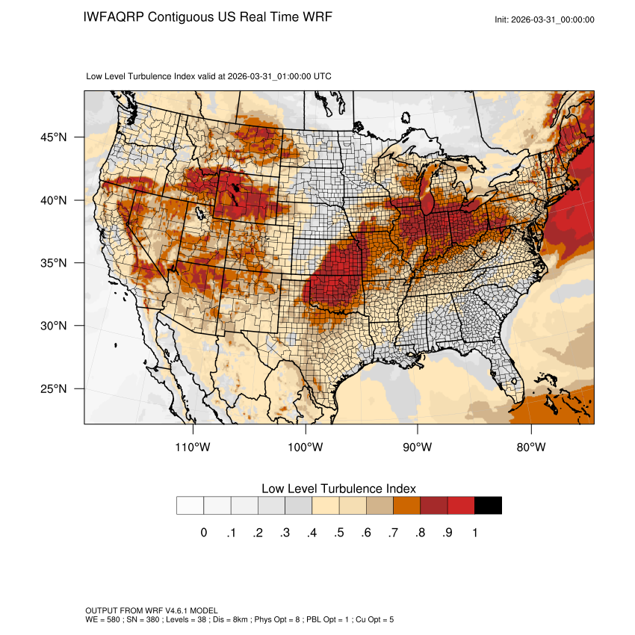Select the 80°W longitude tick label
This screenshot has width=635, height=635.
point(530,447)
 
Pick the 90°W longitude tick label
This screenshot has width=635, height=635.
point(418,447)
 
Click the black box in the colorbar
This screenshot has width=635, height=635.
point(488,506)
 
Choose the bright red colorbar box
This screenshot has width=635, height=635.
point(461,506)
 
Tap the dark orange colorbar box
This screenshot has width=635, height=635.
point(406,506)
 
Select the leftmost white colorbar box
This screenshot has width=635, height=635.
point(190,506)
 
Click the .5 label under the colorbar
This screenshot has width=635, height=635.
point(338,533)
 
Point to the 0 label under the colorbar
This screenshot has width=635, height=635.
point(203,533)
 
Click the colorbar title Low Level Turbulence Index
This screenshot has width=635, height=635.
point(338,488)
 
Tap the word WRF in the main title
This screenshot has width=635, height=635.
point(316,17)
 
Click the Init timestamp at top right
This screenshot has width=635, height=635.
point(545,19)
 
